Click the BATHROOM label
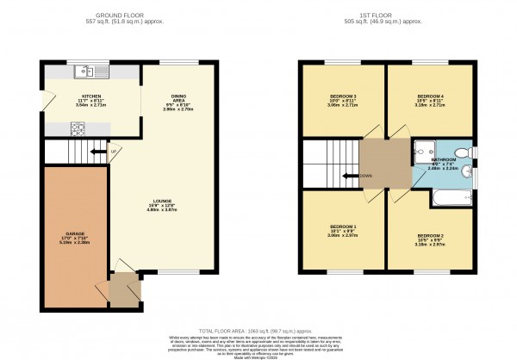445,160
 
